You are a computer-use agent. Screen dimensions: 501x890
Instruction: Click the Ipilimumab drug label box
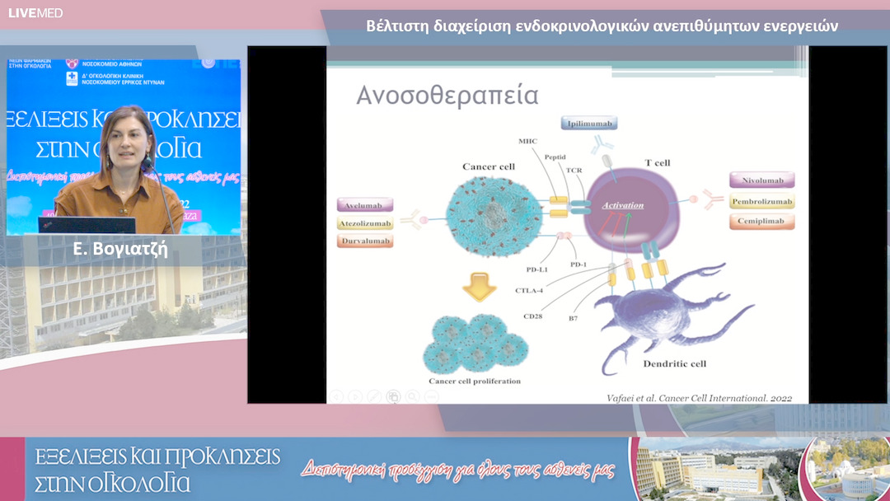click(x=588, y=124)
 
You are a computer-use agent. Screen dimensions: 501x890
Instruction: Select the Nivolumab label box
click(x=761, y=180)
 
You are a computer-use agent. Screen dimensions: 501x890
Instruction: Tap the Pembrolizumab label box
click(x=761, y=201)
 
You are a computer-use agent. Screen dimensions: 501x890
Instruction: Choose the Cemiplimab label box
click(x=761, y=221)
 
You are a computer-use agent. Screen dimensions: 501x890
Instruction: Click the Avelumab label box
click(x=365, y=204)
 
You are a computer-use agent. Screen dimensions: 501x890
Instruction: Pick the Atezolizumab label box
click(x=365, y=223)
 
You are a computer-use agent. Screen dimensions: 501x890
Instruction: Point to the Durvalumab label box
click(x=365, y=241)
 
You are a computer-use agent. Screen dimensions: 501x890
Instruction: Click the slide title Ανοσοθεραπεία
click(x=447, y=96)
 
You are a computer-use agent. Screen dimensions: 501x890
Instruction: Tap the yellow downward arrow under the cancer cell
click(x=479, y=288)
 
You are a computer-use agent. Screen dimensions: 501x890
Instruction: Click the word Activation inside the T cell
click(x=622, y=204)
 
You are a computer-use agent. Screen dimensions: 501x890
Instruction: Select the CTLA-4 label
click(x=528, y=290)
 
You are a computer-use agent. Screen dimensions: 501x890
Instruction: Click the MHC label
click(x=527, y=141)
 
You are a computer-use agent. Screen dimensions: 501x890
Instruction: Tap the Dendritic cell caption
click(x=674, y=363)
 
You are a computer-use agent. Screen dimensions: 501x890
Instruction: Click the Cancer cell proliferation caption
click(x=475, y=382)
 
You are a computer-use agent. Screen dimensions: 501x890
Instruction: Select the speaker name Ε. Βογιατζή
click(x=120, y=248)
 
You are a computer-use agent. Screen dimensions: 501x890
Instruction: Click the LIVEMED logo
click(x=35, y=12)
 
